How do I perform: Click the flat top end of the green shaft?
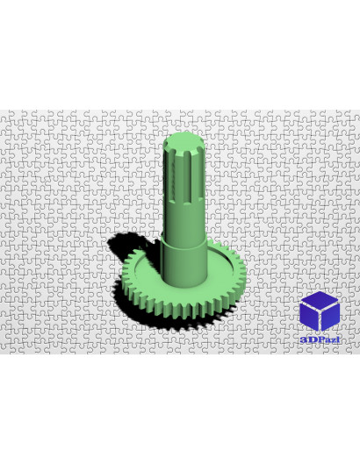coord(184,143)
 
